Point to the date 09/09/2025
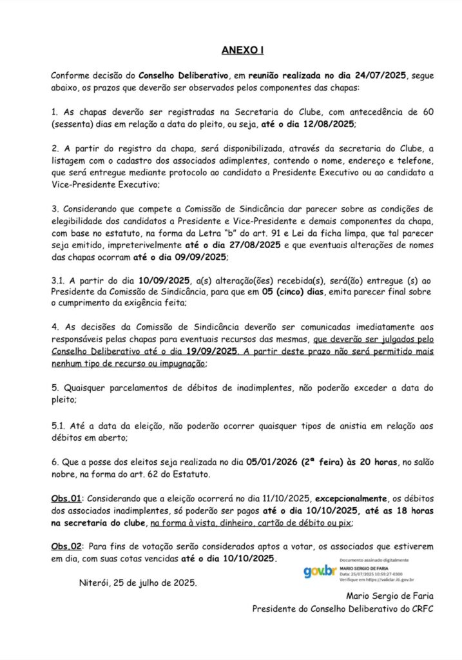coord(196,257)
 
